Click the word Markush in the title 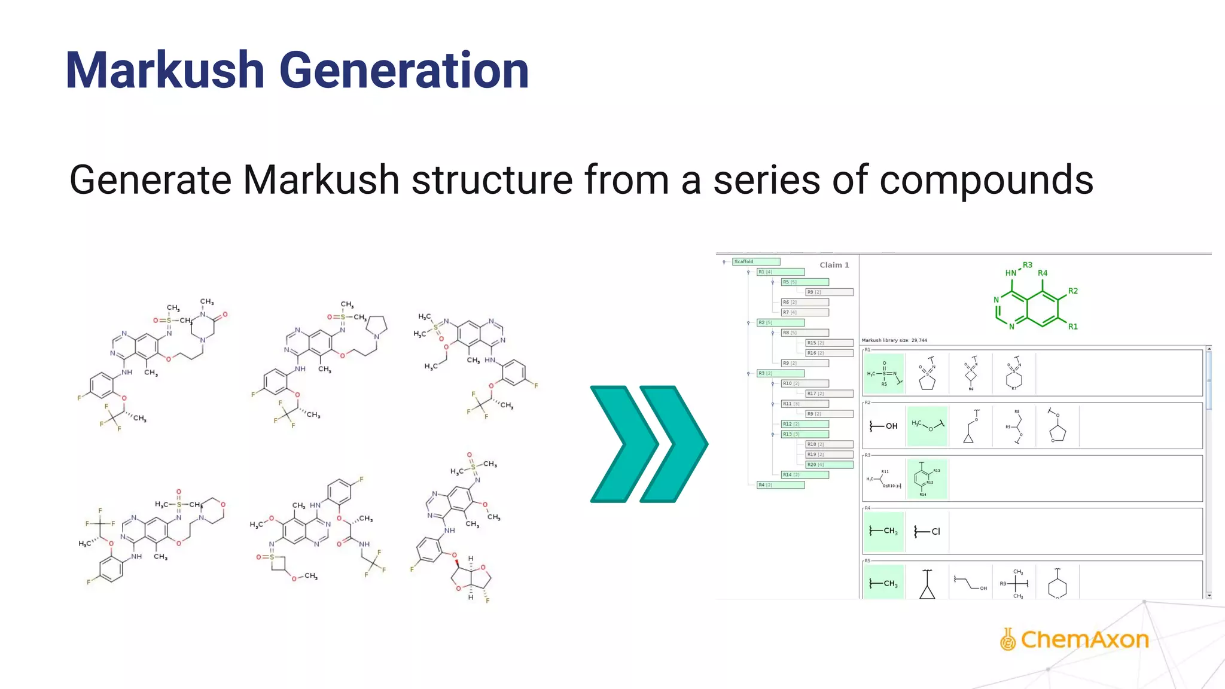(x=164, y=71)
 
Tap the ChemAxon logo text (x=1084, y=639)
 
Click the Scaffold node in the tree (x=756, y=261)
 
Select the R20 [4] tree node (x=829, y=465)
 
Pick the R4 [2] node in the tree (x=780, y=485)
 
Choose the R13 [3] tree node (x=805, y=434)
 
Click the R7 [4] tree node (x=805, y=312)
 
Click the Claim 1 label (x=834, y=265)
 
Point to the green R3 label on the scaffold (x=1027, y=265)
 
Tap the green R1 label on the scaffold (x=1072, y=327)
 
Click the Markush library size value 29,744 (x=919, y=340)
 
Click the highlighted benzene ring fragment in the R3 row (x=926, y=478)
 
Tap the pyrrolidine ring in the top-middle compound (x=377, y=325)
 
